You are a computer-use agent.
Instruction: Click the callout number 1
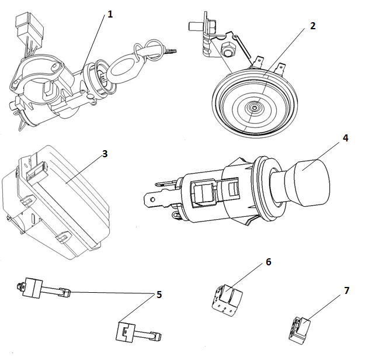tap(109, 13)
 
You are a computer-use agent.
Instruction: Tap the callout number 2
tap(313, 26)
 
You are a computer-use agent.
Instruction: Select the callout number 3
tap(104, 154)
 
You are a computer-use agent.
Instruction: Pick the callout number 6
tap(268, 262)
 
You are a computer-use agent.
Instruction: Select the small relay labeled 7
tap(301, 330)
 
